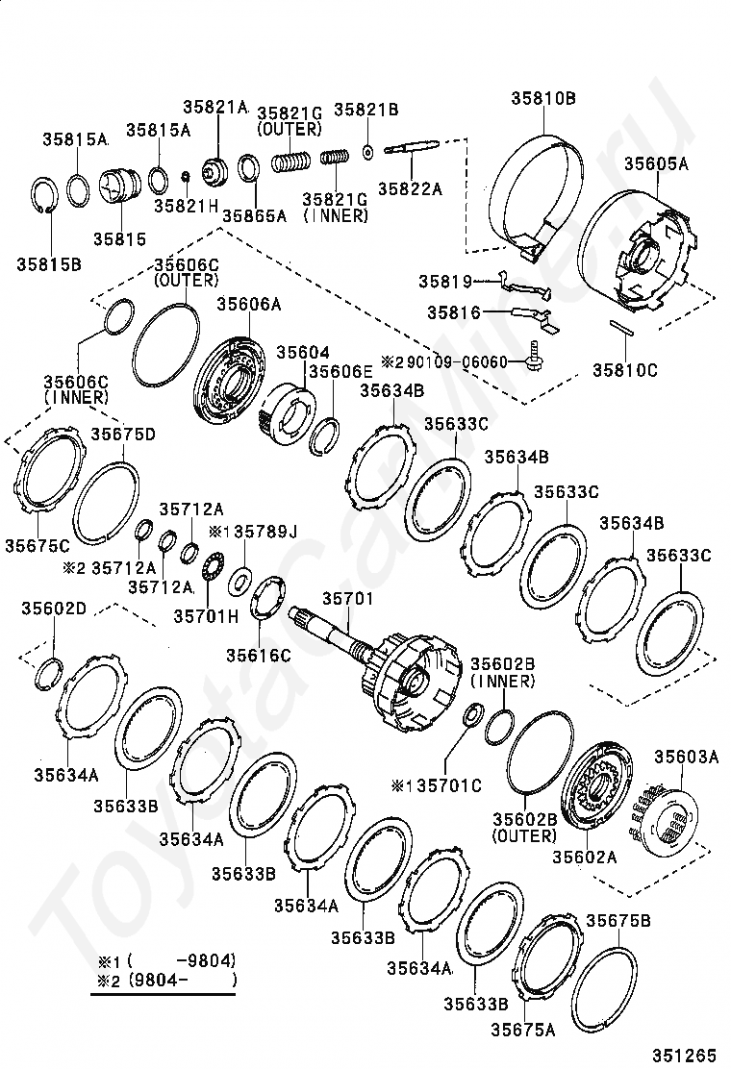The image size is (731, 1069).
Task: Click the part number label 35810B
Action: [x=543, y=99]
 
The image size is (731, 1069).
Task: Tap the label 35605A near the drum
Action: [x=657, y=163]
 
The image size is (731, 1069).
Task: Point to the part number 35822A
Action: [x=411, y=188]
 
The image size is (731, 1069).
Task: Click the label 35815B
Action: [x=49, y=264]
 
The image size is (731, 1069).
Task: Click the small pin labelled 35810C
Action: [x=622, y=329]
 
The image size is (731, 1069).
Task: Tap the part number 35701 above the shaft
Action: [x=348, y=599]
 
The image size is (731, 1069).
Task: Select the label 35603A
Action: [x=687, y=757]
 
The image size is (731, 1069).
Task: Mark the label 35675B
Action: [x=618, y=920]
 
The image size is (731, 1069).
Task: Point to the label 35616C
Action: [x=259, y=656]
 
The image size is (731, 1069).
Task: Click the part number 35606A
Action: [x=249, y=304]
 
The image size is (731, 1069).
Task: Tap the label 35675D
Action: [x=123, y=435]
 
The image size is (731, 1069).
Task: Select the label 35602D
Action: [x=54, y=609]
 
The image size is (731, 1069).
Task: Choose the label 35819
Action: [x=445, y=281]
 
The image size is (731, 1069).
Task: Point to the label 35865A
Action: [x=254, y=215]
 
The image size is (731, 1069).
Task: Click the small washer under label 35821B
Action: [x=368, y=152]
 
